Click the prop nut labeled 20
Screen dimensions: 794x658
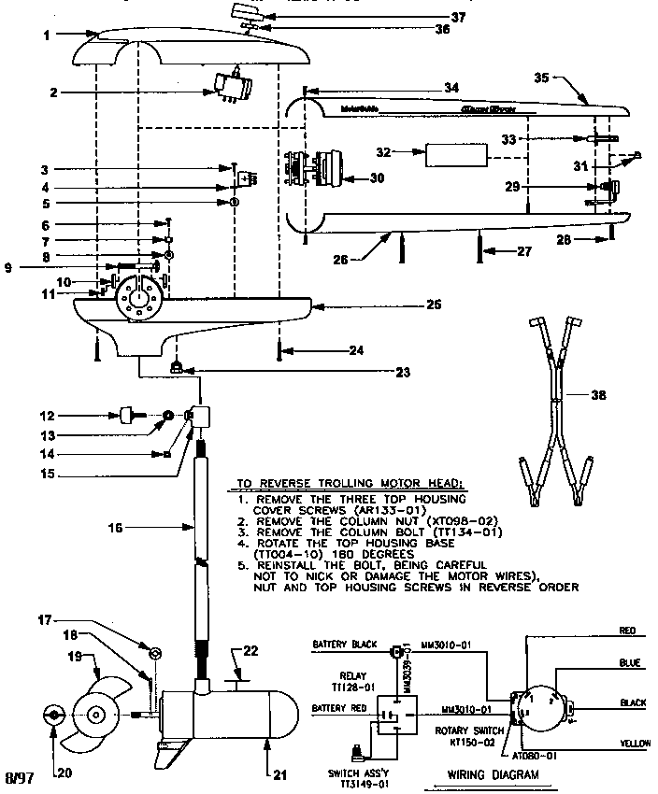[x=53, y=716]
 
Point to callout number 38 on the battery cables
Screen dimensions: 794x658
[x=599, y=395]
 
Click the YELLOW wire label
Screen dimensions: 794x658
[x=635, y=744]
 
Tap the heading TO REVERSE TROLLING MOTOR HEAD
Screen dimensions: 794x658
[x=350, y=484]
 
